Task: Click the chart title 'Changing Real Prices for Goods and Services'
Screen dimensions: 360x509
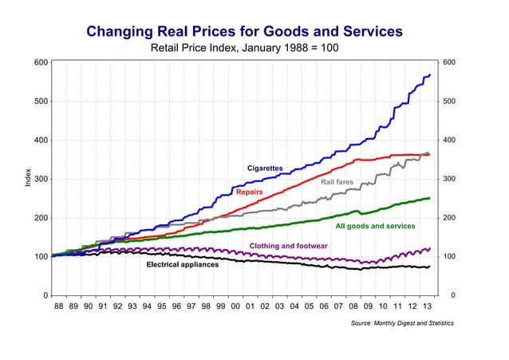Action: pyautogui.click(x=244, y=32)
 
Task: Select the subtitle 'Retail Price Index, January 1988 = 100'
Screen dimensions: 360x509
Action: pyautogui.click(x=244, y=49)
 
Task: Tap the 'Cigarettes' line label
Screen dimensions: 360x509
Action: pyautogui.click(x=265, y=168)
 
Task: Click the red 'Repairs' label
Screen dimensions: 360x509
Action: pyautogui.click(x=250, y=193)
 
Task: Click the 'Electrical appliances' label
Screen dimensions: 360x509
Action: pyautogui.click(x=183, y=265)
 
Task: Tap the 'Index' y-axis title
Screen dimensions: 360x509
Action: pyautogui.click(x=29, y=179)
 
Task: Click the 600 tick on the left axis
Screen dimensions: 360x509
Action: pyautogui.click(x=38, y=62)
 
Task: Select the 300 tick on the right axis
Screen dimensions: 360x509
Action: pyautogui.click(x=448, y=179)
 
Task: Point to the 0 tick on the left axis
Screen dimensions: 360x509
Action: pyautogui.click(x=42, y=295)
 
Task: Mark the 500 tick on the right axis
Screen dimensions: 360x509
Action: pyautogui.click(x=448, y=101)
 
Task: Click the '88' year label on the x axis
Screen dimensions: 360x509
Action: pyautogui.click(x=58, y=306)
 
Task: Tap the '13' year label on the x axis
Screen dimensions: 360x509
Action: pyautogui.click(x=428, y=306)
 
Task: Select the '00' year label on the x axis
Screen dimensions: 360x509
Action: pyautogui.click(x=235, y=306)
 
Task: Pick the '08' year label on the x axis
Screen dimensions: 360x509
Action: pyautogui.click(x=353, y=306)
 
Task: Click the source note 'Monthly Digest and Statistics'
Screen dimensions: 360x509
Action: pyautogui.click(x=402, y=323)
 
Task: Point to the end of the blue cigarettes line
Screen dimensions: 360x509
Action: pyautogui.click(x=430, y=75)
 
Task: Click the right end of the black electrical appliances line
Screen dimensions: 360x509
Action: pyautogui.click(x=430, y=267)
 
